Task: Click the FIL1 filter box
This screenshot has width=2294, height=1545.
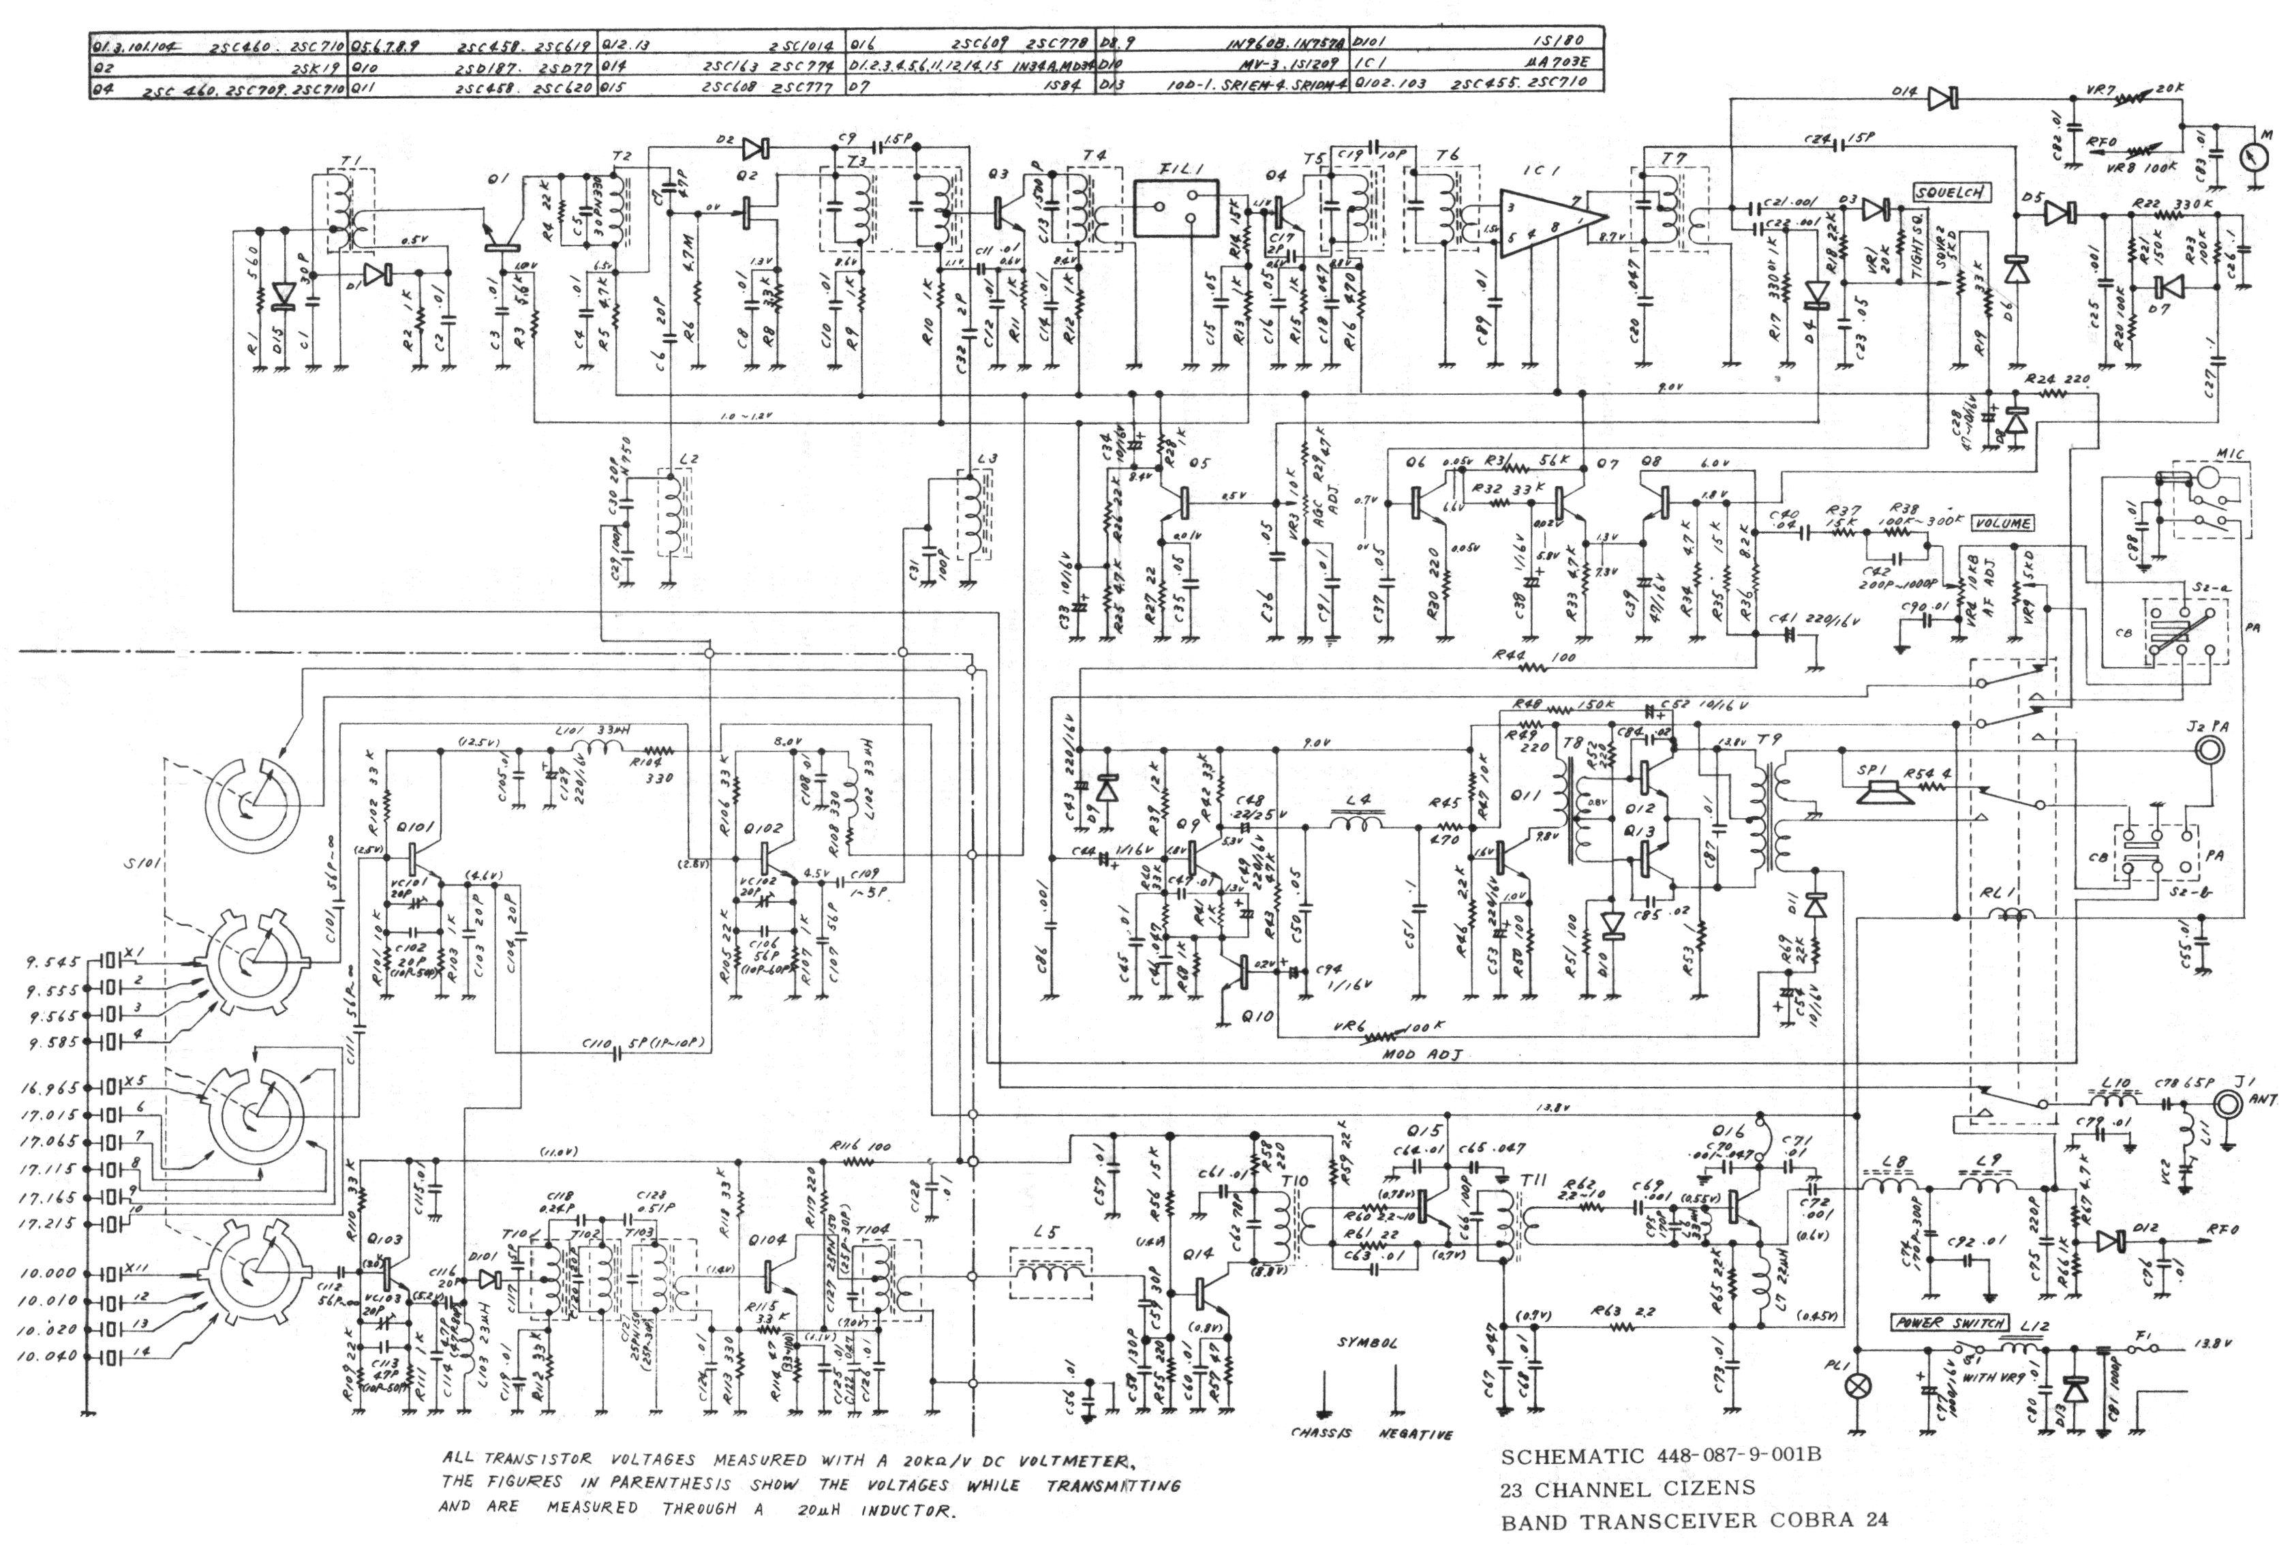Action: click(1175, 208)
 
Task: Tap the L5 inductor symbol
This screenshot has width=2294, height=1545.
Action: click(1053, 1274)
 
